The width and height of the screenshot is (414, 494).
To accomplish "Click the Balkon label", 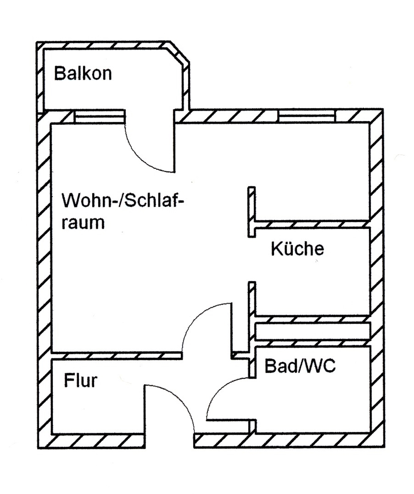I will point(83,74).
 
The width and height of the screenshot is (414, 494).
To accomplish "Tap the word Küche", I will point(297,249).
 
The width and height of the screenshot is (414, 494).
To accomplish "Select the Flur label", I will point(80,381).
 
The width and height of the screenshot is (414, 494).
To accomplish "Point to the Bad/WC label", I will point(300,366).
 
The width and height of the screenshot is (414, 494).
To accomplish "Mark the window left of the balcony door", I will point(99,117).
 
